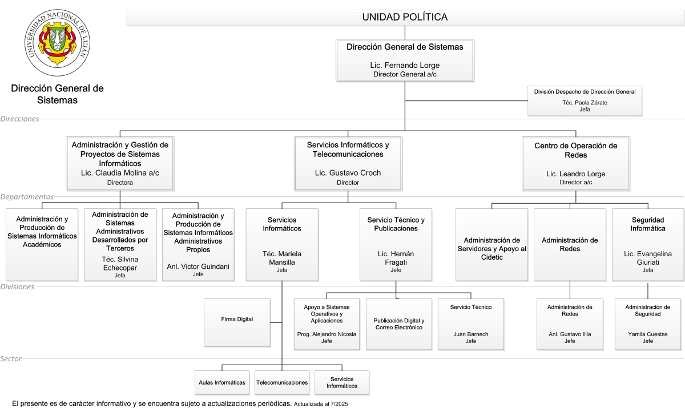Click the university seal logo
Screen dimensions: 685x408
click(57, 42)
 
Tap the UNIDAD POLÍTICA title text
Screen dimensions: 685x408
click(405, 17)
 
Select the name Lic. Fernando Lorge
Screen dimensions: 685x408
click(405, 65)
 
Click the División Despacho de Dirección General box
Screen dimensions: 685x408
click(585, 101)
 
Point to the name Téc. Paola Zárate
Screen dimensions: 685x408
click(585, 103)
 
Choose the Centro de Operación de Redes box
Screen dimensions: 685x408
click(576, 164)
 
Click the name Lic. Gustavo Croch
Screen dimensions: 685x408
click(348, 173)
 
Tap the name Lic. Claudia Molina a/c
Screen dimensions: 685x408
click(120, 173)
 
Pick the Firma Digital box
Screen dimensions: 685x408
click(237, 323)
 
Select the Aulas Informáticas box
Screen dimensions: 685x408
click(222, 383)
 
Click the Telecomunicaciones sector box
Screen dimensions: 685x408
click(282, 383)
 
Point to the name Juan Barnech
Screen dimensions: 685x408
click(471, 334)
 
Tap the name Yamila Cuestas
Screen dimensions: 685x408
click(648, 334)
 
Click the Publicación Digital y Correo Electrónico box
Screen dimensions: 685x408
click(399, 324)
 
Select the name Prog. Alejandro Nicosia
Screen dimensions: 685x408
click(327, 334)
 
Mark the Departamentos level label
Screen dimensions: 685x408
click(27, 196)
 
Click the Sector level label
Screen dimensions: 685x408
click(11, 358)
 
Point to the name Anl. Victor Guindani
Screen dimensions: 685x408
click(198, 266)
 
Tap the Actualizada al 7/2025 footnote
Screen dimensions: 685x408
click(321, 404)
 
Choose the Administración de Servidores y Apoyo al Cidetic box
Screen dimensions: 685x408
click(491, 245)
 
